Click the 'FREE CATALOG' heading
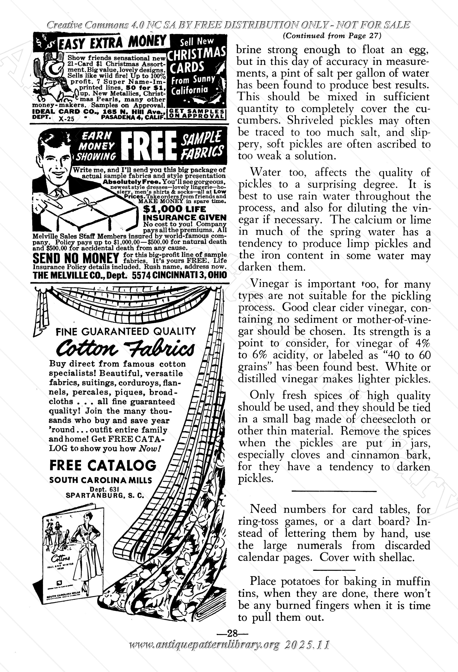103,465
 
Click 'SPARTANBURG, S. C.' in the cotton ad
105,495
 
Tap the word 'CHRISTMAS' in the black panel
196,54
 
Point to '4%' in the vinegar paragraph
423,343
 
